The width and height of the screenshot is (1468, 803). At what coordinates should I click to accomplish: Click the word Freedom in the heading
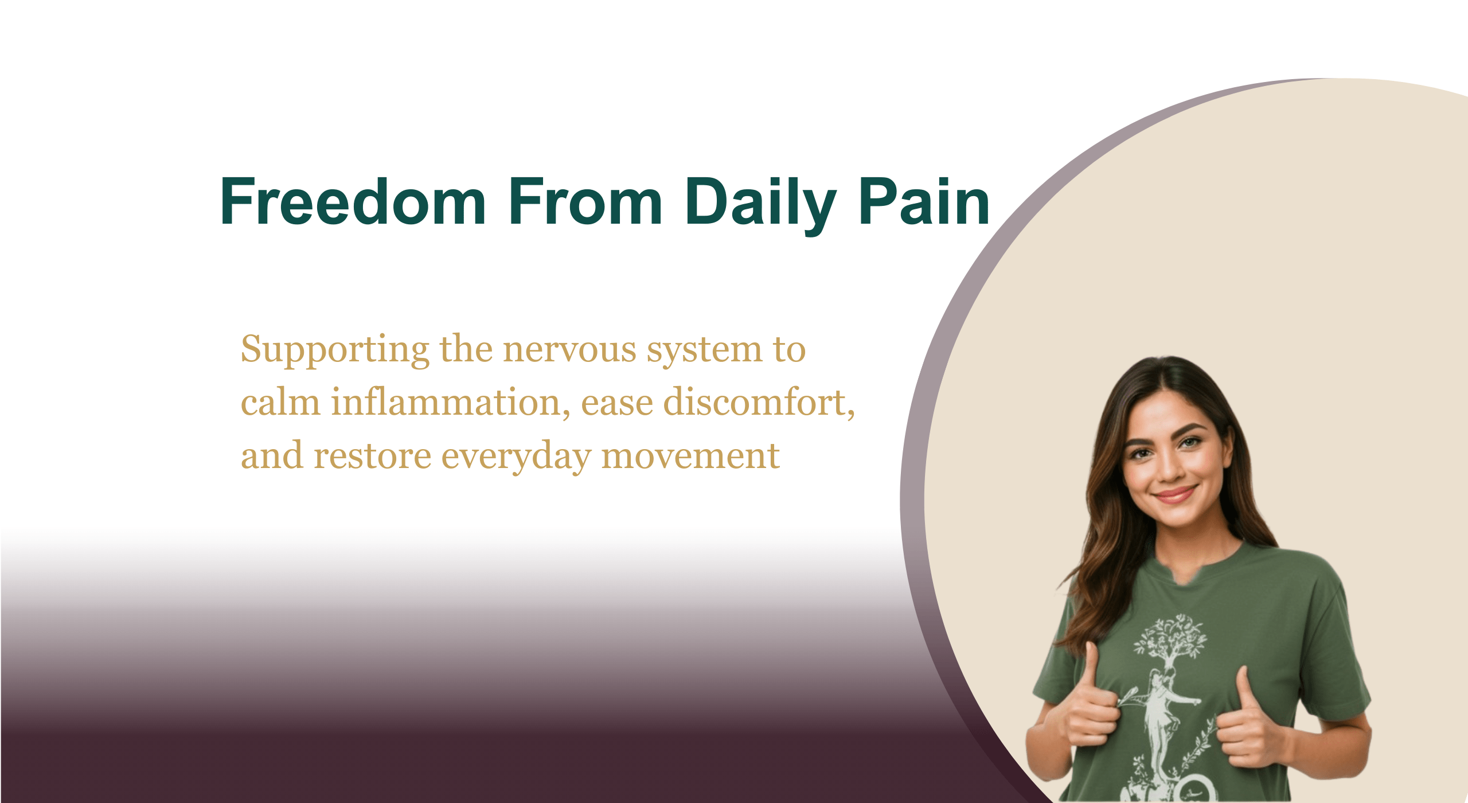pyautogui.click(x=353, y=202)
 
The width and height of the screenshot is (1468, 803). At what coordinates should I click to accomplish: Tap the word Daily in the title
pyautogui.click(x=760, y=202)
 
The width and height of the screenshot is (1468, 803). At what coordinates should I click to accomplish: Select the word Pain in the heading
pyautogui.click(x=924, y=202)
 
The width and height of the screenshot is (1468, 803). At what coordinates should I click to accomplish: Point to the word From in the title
pyautogui.click(x=585, y=202)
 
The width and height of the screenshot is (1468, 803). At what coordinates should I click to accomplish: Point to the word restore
pyautogui.click(x=373, y=456)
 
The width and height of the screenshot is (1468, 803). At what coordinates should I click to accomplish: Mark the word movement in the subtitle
pyautogui.click(x=690, y=456)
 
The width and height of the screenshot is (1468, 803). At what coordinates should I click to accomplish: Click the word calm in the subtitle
pyautogui.click(x=280, y=403)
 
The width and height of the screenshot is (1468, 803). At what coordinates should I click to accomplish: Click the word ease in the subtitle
pyautogui.click(x=616, y=403)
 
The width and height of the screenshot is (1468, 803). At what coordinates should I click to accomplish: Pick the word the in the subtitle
pyautogui.click(x=466, y=350)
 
